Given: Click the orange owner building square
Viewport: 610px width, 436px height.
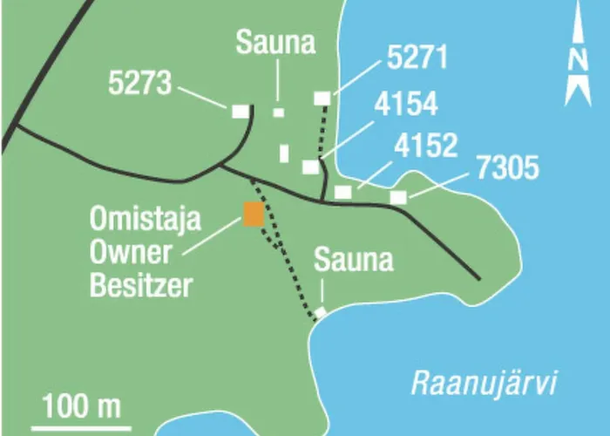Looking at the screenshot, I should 254,215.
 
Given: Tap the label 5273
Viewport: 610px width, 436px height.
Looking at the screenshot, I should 139,83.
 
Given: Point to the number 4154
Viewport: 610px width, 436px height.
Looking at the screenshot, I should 405,104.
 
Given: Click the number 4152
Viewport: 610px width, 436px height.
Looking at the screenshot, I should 425,146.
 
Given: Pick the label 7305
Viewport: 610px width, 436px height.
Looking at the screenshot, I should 508,167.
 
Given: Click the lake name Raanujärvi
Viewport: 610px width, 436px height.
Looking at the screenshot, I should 484,384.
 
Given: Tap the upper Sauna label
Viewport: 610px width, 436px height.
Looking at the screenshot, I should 275,43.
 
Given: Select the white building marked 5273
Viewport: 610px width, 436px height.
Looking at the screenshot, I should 241,111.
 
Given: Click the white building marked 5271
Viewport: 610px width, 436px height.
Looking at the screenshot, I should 322,98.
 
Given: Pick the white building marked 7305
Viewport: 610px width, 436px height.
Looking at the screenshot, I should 398,198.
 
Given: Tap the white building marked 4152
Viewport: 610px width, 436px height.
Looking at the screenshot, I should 342,191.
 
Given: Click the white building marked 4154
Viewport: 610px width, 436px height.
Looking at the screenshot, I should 311,167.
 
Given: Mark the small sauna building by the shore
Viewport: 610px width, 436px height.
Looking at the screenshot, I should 321,312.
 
